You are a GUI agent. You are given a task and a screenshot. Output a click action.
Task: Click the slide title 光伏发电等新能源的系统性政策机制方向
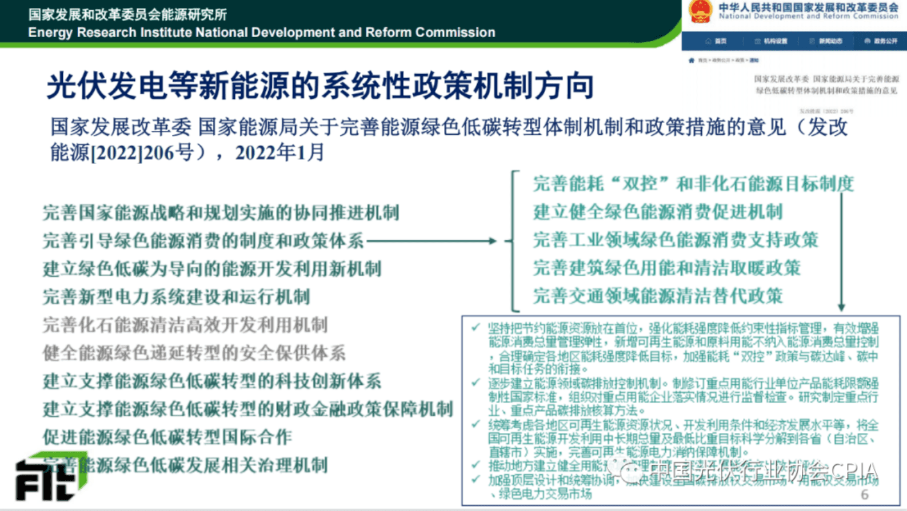pyautogui.click(x=320, y=86)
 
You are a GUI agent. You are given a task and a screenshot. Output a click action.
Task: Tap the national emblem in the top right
pyautogui.click(x=700, y=11)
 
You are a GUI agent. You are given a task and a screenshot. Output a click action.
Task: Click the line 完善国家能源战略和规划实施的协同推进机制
pyautogui.click(x=221, y=213)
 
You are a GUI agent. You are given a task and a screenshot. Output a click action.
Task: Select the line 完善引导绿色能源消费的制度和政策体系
pyautogui.click(x=203, y=241)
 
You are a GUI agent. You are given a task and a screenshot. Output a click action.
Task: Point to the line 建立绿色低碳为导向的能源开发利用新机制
pyautogui.click(x=212, y=269)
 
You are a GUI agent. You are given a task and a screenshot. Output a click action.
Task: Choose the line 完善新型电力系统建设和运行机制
pyautogui.click(x=176, y=297)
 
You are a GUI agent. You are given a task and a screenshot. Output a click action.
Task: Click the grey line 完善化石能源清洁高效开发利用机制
pyautogui.click(x=185, y=325)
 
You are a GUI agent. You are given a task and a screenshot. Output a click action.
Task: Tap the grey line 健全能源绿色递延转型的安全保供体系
pyautogui.click(x=194, y=353)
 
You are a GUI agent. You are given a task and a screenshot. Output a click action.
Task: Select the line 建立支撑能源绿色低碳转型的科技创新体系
pyautogui.click(x=212, y=381)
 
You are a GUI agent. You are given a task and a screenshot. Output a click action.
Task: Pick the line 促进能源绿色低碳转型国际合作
pyautogui.click(x=167, y=437)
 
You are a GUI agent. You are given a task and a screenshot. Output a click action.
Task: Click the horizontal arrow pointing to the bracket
pyautogui.click(x=431, y=241)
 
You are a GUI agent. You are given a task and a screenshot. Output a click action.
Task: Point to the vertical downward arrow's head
pyautogui.click(x=841, y=307)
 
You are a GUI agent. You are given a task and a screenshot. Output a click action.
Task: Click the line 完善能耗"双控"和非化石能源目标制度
pyautogui.click(x=693, y=184)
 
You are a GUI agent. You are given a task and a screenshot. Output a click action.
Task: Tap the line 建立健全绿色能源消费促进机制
pyautogui.click(x=658, y=212)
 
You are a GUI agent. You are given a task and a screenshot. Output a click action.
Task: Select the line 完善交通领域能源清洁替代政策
pyautogui.click(x=658, y=296)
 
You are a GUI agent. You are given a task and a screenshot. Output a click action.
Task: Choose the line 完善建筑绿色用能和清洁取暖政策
pyautogui.click(x=667, y=268)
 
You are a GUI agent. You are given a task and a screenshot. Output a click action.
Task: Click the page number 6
pyautogui.click(x=865, y=494)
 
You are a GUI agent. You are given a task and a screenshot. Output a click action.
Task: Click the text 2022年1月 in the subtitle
pyautogui.click(x=279, y=152)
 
